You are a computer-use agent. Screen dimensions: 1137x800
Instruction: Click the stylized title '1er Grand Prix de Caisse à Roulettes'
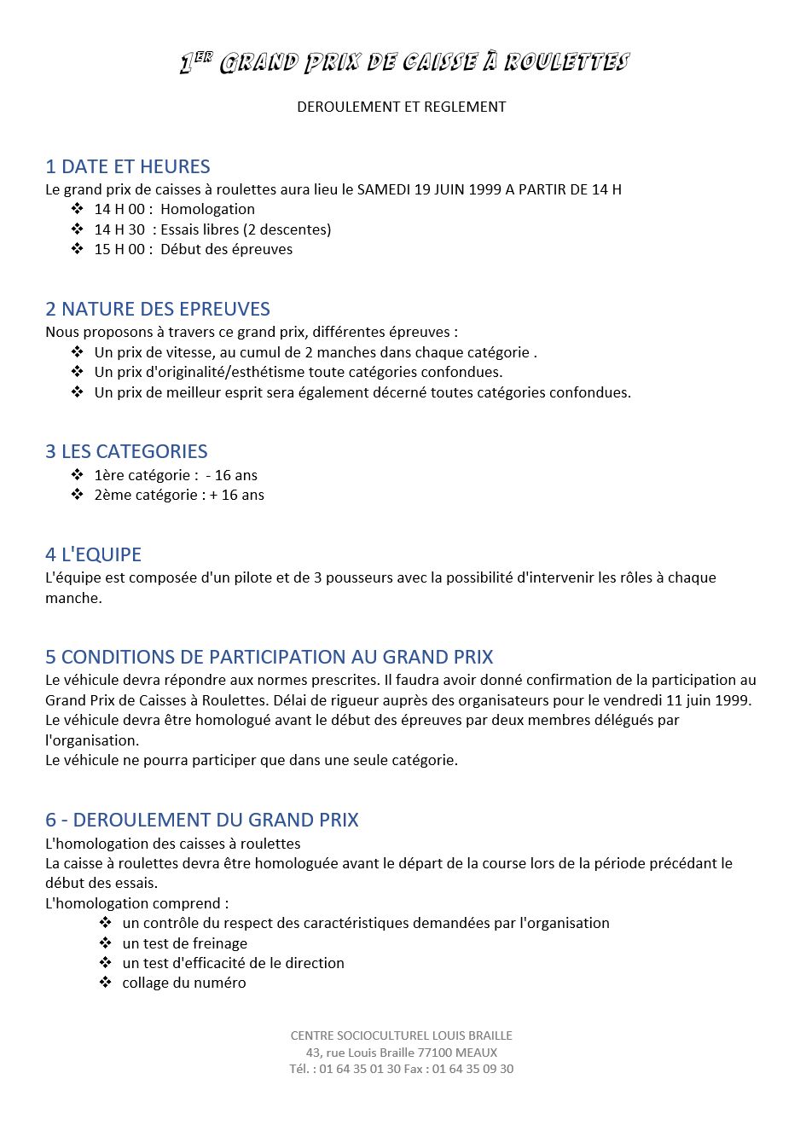pos(403,62)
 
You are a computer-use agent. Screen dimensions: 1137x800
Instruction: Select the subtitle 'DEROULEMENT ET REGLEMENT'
pos(401,107)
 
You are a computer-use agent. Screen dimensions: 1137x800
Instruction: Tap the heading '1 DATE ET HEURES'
pos(128,166)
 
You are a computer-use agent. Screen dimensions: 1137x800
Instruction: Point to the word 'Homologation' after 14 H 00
pos(207,209)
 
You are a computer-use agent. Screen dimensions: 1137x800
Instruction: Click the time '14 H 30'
pos(119,229)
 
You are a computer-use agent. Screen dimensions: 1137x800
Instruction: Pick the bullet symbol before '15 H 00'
pos(78,249)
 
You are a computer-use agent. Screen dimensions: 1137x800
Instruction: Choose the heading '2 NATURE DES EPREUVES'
pos(158,309)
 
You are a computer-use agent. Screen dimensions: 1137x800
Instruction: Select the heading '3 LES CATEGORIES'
pos(126,451)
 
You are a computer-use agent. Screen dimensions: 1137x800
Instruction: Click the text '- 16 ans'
pos(231,475)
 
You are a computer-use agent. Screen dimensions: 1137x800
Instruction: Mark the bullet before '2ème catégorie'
pos(78,495)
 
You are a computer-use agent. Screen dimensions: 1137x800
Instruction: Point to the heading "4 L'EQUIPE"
pos(93,554)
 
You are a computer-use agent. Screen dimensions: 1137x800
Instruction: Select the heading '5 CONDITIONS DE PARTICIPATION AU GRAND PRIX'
pos(270,657)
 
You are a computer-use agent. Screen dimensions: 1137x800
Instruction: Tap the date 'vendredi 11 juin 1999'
pos(677,700)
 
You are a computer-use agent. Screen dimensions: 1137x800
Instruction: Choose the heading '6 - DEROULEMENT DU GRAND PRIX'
pos(202,820)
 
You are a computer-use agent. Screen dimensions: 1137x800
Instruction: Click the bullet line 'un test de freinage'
pos(184,943)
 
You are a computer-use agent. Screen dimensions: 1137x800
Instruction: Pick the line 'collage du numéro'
pos(183,983)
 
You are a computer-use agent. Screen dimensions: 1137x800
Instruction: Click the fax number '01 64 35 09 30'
pos(472,1069)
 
